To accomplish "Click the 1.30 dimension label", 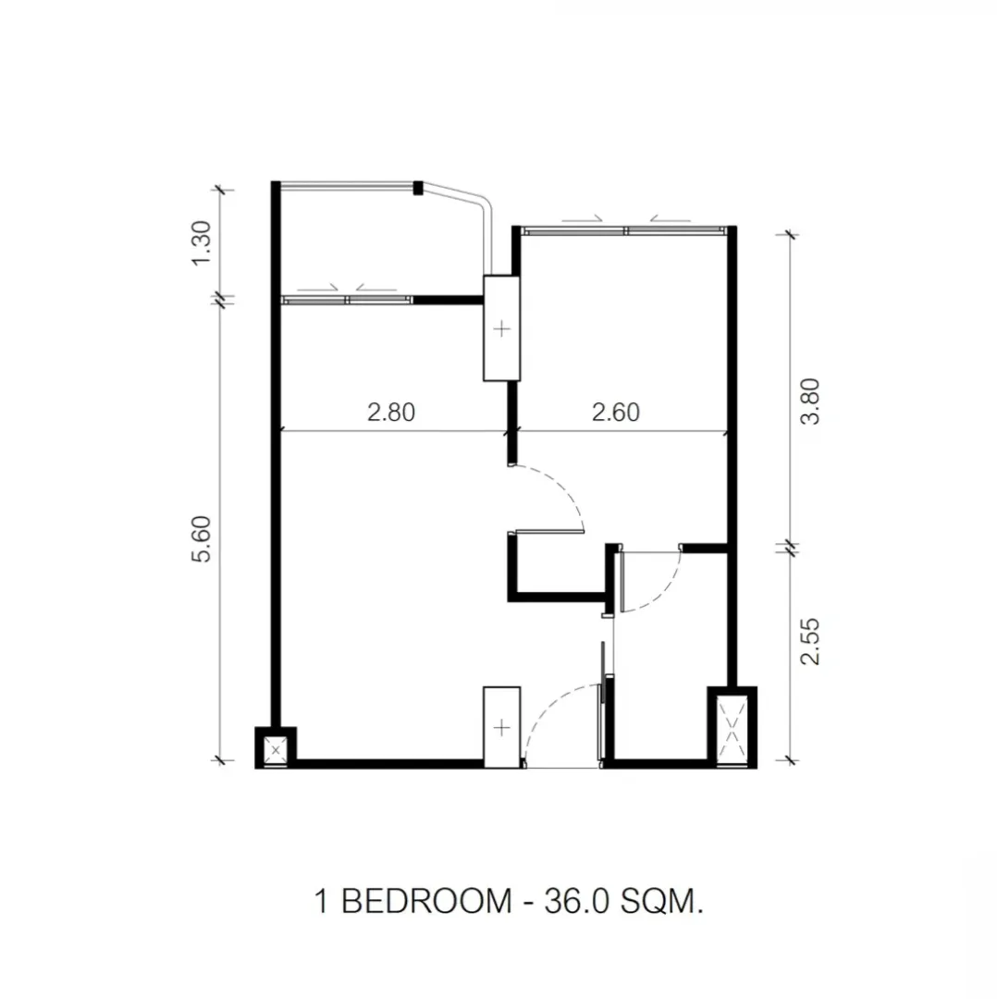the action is tap(202, 243).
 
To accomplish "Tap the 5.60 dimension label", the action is tap(202, 539).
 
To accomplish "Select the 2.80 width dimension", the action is tap(391, 413).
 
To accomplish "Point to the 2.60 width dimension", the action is tap(615, 413).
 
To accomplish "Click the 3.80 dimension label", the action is tap(810, 401).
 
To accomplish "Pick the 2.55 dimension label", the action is tap(810, 642).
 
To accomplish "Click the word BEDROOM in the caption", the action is tap(427, 902).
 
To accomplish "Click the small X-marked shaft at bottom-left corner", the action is tap(276, 750).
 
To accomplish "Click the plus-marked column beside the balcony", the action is tap(502, 328).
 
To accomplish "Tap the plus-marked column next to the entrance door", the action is tap(502, 728).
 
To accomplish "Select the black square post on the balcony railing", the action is tap(418, 188).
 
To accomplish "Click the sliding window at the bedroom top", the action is tap(624, 231).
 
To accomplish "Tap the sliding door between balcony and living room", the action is tap(347, 300).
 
